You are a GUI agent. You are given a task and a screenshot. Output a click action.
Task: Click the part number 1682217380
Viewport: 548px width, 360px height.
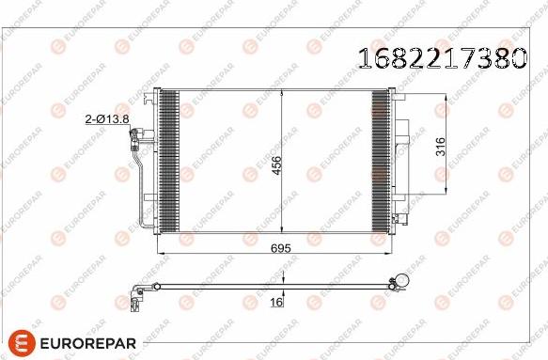tap(440, 59)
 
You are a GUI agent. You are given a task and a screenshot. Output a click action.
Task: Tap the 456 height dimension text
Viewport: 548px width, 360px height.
tap(276, 165)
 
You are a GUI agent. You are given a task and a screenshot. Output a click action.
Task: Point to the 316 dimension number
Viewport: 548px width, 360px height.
tap(440, 147)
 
